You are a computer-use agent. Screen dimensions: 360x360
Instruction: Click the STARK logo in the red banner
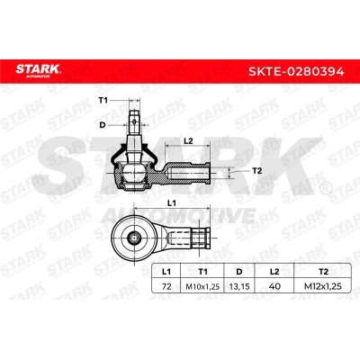pyautogui.click(x=38, y=70)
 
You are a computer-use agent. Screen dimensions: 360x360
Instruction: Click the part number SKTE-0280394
pyautogui.click(x=296, y=72)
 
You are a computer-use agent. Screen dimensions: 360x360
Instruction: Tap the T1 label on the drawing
pyautogui.click(x=103, y=101)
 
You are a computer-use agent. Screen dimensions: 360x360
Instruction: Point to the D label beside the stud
pyautogui.click(x=103, y=125)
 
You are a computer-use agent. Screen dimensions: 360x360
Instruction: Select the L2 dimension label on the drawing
pyautogui.click(x=188, y=140)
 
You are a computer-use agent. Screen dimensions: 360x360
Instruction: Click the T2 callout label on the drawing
pyautogui.click(x=256, y=171)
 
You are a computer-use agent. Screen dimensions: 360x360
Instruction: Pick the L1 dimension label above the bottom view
pyautogui.click(x=171, y=203)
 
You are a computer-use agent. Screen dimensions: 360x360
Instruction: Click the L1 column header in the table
pyautogui.click(x=166, y=272)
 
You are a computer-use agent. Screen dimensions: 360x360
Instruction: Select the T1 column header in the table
pyautogui.click(x=202, y=272)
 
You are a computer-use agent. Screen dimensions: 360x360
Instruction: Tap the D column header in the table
pyautogui.click(x=239, y=272)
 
